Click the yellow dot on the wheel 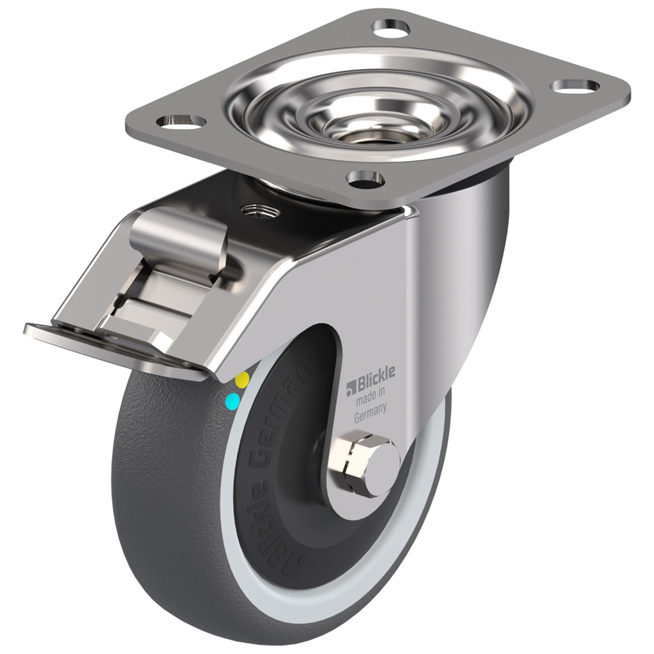[x=242, y=380]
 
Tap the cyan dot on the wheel [x=233, y=401]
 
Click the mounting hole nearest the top [x=391, y=27]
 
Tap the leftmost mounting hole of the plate [x=181, y=120]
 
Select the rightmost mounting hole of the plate [x=575, y=85]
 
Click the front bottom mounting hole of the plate [x=365, y=179]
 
